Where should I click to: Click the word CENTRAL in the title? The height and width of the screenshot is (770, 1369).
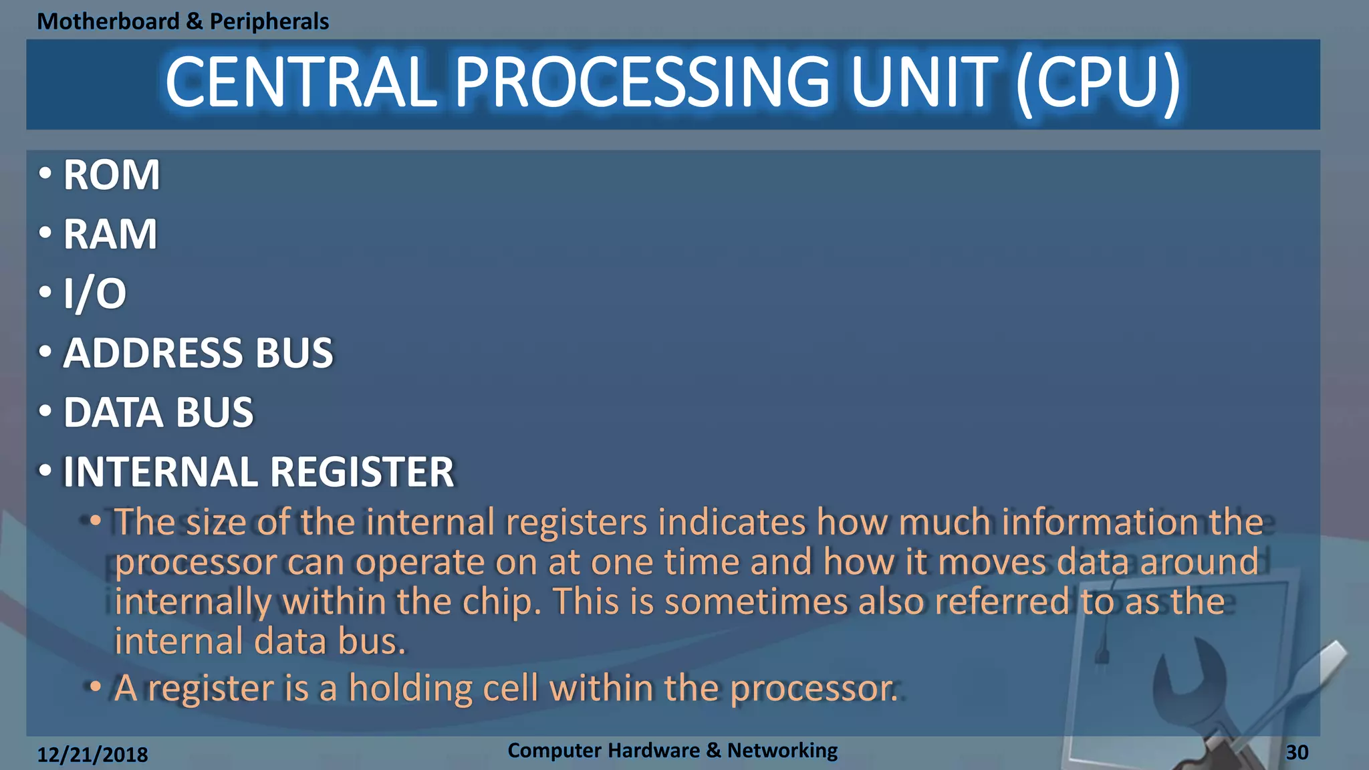click(301, 82)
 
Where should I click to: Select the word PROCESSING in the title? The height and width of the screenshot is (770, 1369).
click(642, 82)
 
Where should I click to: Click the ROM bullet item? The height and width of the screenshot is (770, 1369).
click(111, 175)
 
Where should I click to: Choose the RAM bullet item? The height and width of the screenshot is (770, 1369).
click(110, 235)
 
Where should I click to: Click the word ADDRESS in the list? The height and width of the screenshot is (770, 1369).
click(150, 353)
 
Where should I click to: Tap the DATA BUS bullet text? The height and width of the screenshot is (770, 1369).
click(158, 412)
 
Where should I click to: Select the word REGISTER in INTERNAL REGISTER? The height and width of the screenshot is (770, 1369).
click(362, 472)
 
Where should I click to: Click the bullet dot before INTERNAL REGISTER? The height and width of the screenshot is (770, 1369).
click(45, 470)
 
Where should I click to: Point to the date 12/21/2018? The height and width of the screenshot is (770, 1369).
click(92, 755)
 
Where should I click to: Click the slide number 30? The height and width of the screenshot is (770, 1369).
click(1297, 753)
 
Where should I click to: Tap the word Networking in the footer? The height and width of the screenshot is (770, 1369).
click(782, 751)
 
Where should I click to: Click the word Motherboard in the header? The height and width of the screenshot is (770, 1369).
click(108, 21)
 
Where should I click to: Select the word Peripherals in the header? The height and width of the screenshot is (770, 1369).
click(269, 21)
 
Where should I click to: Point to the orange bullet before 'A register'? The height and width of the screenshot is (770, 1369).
click(96, 686)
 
